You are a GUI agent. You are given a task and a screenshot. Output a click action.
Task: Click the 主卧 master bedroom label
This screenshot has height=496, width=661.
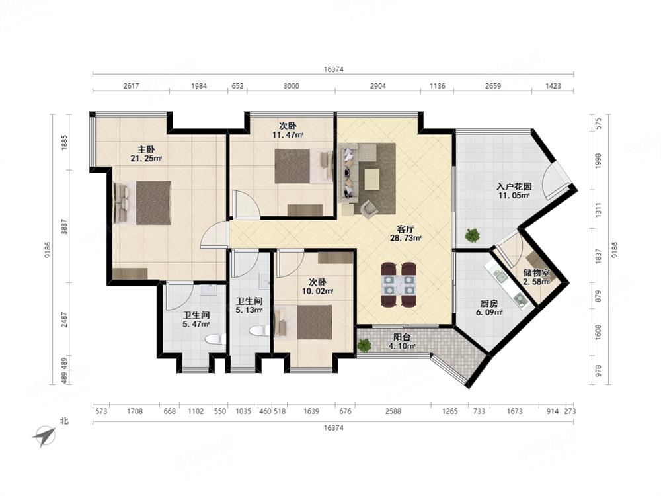tap(146, 149)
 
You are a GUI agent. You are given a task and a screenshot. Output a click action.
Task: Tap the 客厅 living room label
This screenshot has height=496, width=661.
tap(406, 229)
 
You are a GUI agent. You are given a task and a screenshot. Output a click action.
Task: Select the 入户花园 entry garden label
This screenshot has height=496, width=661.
tap(514, 186)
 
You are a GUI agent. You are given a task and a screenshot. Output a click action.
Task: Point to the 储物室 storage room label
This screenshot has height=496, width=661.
tap(536, 272)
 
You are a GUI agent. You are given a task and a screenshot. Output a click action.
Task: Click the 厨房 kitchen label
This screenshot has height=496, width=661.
tap(489, 304)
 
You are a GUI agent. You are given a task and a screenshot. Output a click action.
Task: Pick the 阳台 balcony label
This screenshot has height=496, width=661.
tap(402, 337)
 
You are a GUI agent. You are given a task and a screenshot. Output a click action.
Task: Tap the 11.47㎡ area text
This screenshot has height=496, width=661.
tap(288, 135)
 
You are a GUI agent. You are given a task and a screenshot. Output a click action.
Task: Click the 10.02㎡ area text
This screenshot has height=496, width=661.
tap(317, 291)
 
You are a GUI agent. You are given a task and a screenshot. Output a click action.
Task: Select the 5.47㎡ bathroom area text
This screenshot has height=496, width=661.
tap(196, 324)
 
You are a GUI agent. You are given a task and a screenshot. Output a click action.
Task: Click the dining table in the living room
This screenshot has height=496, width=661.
tap(399, 284)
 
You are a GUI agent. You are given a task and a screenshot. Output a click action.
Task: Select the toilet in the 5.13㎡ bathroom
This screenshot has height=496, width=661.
tap(258, 331)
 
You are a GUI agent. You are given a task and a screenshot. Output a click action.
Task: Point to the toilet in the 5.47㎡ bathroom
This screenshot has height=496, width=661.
tap(215, 339)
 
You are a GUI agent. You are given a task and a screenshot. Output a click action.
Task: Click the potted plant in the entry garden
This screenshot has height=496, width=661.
tap(473, 235)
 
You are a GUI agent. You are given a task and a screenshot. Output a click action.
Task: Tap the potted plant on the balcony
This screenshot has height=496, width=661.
tap(364, 345)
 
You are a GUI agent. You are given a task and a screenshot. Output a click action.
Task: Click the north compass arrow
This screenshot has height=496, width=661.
tap(44, 436)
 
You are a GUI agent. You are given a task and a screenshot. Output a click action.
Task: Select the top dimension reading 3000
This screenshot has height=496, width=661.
tap(291, 86)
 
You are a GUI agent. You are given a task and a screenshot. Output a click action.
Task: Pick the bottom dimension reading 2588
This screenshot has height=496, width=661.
tap(393, 411)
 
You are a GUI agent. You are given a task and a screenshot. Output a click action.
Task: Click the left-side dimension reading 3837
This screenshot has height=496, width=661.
tap(64, 227)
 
